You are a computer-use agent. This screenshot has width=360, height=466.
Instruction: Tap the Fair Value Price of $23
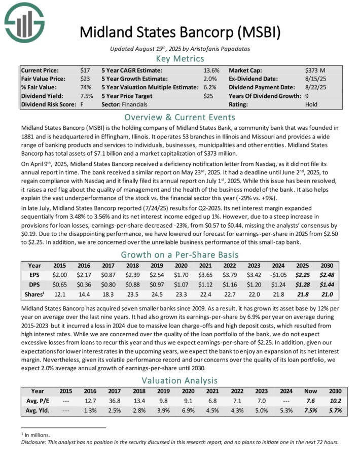[85, 79]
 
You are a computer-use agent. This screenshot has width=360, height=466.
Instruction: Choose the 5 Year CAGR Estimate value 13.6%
[211, 70]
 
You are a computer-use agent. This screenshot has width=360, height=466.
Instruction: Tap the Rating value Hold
[312, 104]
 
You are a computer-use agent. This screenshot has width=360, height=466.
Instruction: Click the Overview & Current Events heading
[181, 116]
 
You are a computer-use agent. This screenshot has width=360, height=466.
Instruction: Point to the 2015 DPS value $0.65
[61, 284]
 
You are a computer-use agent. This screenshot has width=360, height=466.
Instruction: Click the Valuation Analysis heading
[181, 380]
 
